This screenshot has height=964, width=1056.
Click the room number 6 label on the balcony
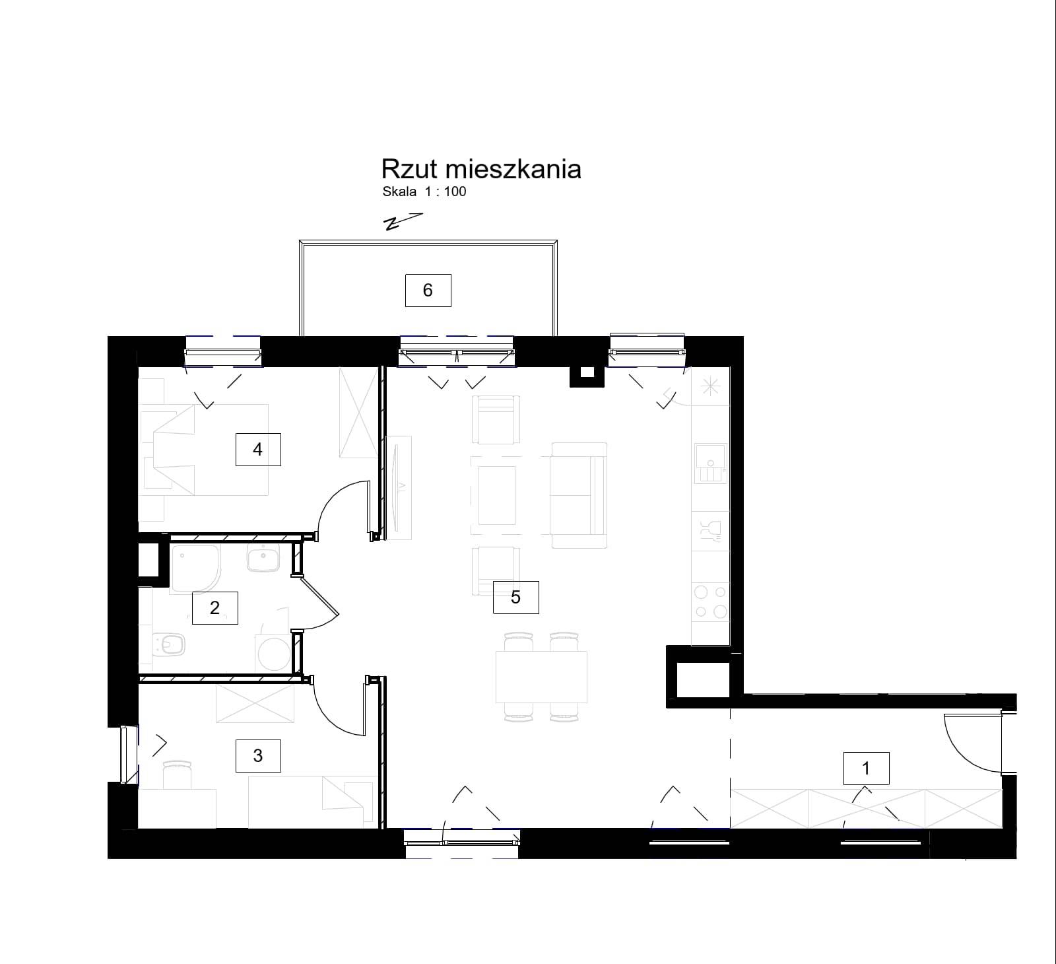428,290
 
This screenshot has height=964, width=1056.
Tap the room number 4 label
258,450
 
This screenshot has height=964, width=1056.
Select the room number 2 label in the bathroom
214,607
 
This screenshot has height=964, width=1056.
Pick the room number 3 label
258,755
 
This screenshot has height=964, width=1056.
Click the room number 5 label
515,597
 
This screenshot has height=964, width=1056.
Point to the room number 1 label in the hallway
867,768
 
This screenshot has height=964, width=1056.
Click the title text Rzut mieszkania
481,169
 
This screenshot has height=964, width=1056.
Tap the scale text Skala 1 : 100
424,192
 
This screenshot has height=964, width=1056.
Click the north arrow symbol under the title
403,221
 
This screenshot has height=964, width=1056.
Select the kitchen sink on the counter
710,462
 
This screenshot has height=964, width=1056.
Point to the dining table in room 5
541,677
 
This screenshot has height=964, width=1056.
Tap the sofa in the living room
578,495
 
